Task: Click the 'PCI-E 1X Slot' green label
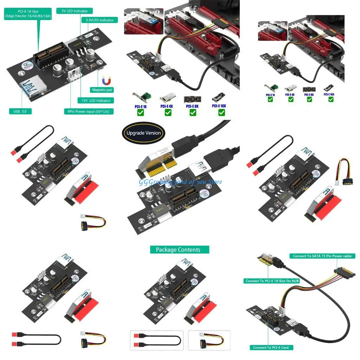tap(28, 14)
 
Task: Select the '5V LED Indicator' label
tap(75, 11)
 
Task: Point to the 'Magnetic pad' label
tap(102, 90)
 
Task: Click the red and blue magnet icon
tap(105, 81)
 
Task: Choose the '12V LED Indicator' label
tap(96, 101)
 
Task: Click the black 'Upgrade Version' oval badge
tap(143, 133)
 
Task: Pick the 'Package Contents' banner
tap(178, 250)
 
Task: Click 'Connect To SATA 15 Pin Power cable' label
tap(322, 256)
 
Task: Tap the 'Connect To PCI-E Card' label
tap(271, 347)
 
